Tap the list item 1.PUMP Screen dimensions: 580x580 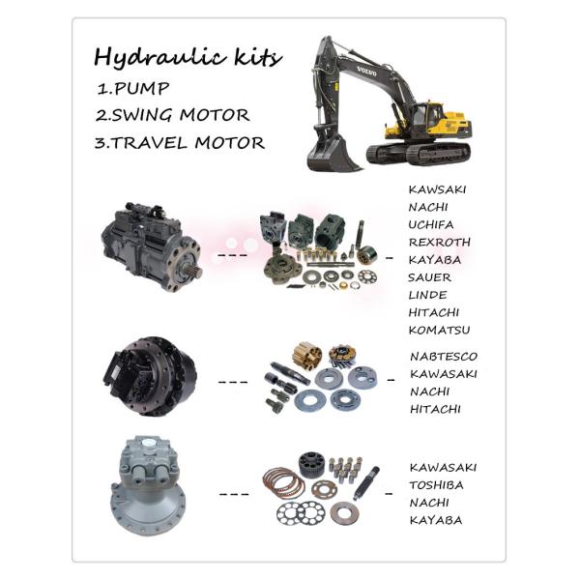[133, 89]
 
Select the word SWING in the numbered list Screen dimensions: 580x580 [142, 115]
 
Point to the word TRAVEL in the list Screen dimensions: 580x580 [150, 143]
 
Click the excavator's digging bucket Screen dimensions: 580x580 [332, 155]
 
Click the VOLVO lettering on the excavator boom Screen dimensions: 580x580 [366, 72]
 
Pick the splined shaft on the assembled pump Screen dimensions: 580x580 [194, 269]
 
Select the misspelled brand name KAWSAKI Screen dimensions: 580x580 [437, 189]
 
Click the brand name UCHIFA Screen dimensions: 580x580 [431, 225]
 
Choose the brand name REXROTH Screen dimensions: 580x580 [440, 243]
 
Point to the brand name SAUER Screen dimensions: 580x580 [430, 277]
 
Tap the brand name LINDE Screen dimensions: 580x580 [427, 295]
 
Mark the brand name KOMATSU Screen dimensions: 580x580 [440, 331]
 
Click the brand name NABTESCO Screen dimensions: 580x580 [444, 357]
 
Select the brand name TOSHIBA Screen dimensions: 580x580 [437, 485]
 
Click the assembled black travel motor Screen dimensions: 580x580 [150, 377]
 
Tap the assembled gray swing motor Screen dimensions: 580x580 [148, 485]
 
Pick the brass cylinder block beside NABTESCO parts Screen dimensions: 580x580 [307, 355]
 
